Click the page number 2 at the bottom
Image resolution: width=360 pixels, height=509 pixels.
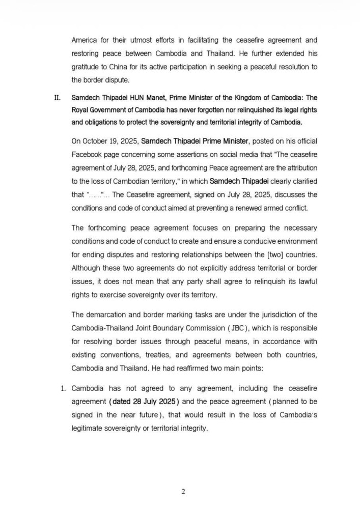[183, 491]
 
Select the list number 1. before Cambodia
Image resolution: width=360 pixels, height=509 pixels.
[64, 389]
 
